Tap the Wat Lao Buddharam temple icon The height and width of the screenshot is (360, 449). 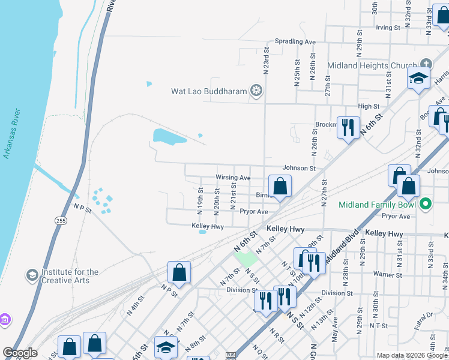pyautogui.click(x=256, y=91)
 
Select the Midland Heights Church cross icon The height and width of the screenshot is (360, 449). pyautogui.click(x=426, y=64)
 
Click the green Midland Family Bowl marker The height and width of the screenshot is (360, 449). pyautogui.click(x=426, y=204)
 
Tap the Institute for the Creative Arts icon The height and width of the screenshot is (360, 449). pyautogui.click(x=31, y=275)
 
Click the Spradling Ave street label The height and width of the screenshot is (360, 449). pyautogui.click(x=295, y=42)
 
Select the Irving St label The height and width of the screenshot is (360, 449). pyautogui.click(x=388, y=28)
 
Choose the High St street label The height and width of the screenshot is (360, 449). pyautogui.click(x=368, y=106)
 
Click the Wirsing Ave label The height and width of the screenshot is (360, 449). pyautogui.click(x=233, y=178)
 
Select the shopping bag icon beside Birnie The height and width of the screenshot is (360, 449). pyautogui.click(x=280, y=187)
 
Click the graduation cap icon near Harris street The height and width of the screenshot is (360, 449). pyautogui.click(x=418, y=79)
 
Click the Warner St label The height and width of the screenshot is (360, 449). pyautogui.click(x=387, y=275)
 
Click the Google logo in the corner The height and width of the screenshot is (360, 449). pyautogui.click(x=20, y=353)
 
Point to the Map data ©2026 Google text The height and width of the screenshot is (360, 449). pyautogui.click(x=411, y=355)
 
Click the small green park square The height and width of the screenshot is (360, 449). pyautogui.click(x=244, y=259)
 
